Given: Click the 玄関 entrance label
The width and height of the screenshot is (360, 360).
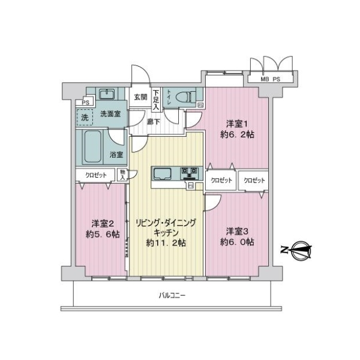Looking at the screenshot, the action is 140,97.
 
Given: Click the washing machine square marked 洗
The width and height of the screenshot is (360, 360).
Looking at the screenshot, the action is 85,118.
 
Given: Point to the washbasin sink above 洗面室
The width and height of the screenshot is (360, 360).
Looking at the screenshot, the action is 107,94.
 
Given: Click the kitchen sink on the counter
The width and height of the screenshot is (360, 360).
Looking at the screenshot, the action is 163,174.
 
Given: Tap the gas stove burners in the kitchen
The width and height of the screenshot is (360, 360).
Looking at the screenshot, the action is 190,173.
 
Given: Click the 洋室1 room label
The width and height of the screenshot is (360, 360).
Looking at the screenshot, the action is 237,124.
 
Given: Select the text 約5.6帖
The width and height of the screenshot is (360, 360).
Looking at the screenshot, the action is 103,235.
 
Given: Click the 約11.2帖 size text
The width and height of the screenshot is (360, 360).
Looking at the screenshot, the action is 166,242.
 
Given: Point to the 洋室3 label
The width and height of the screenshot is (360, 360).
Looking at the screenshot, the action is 237,232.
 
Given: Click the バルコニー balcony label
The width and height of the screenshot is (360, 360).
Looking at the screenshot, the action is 172,295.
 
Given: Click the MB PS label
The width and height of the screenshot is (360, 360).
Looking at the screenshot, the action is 270,79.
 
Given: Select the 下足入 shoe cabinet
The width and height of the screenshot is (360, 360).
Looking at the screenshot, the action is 156,100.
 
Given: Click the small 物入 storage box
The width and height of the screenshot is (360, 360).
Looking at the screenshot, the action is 122,175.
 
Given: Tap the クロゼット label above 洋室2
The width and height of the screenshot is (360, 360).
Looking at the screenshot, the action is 96,175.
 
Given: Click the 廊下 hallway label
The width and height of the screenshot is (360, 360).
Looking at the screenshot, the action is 154,121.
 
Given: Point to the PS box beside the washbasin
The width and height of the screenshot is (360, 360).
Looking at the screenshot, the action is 85,102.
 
